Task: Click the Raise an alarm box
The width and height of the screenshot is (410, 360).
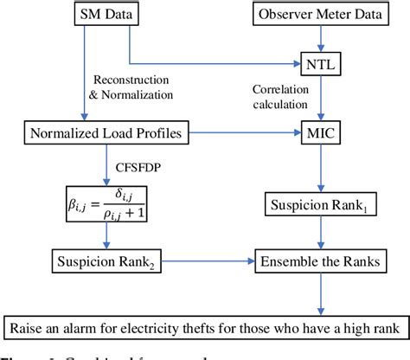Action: (x=205, y=326)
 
